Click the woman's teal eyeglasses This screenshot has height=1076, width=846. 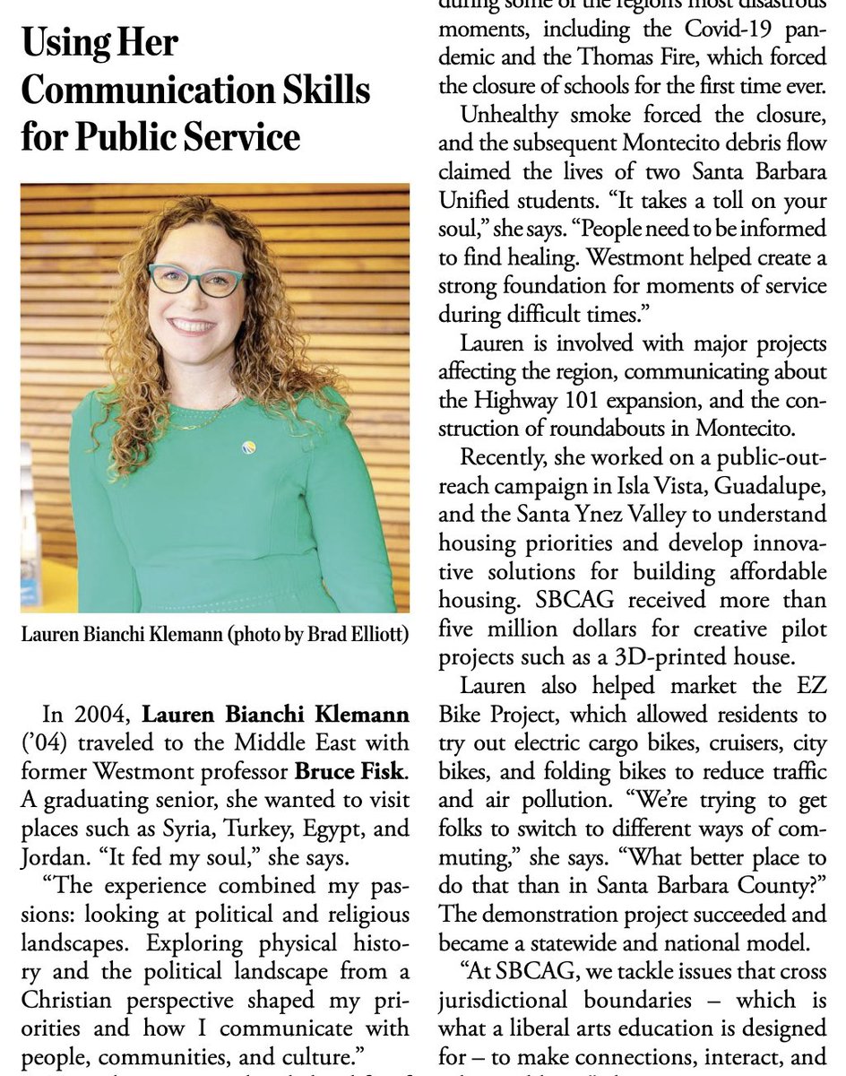tap(197, 280)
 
